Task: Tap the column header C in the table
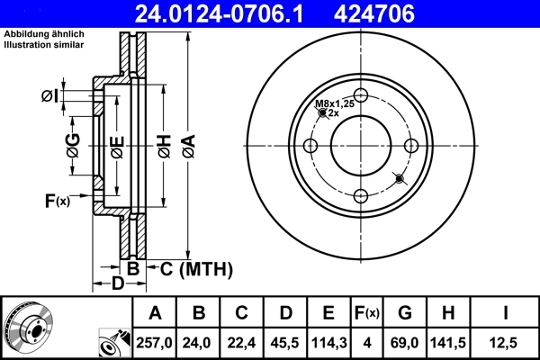[x=241, y=313]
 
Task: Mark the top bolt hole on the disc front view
[x=361, y=97]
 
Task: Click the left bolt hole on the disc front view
[x=310, y=147]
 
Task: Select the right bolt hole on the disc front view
[x=411, y=147]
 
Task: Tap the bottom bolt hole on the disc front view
[x=361, y=197]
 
